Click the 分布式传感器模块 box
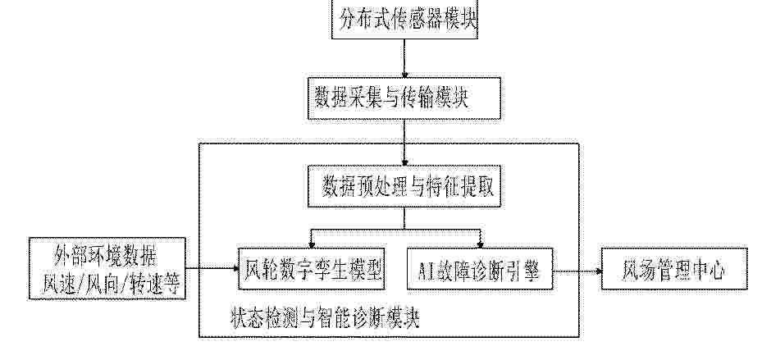pyautogui.click(x=404, y=18)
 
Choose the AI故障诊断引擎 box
pyautogui.click(x=480, y=268)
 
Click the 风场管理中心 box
pyautogui.click(x=673, y=268)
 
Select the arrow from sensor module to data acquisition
pyautogui.click(x=405, y=55)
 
